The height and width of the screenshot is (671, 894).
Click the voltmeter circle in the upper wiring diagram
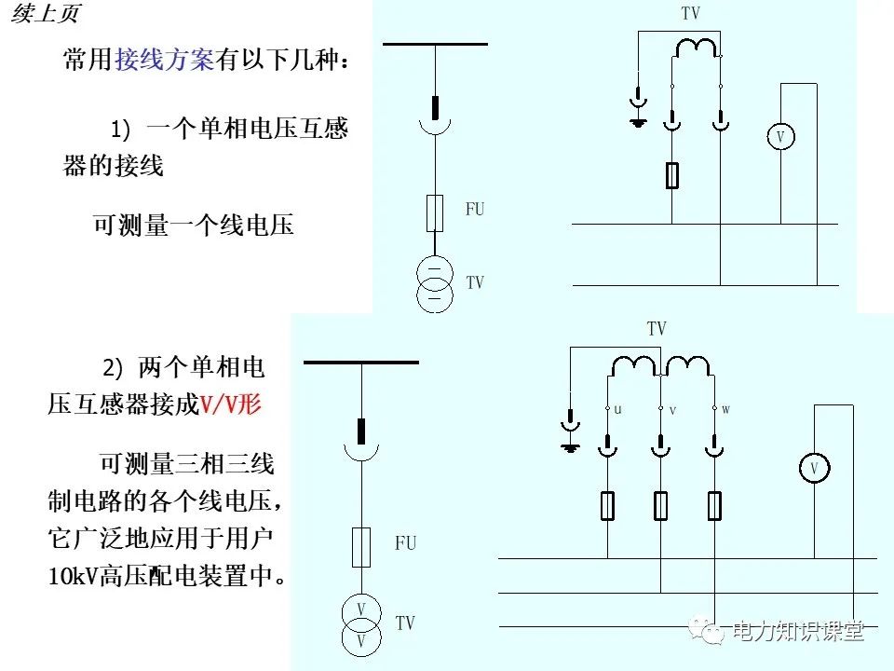780,137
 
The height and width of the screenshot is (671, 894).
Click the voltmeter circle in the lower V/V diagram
813,468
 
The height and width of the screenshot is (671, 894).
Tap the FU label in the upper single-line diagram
475,210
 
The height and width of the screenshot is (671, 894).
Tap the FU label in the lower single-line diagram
405,543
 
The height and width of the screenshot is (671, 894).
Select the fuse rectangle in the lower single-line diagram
360,547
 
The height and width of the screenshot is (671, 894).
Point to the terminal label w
726,408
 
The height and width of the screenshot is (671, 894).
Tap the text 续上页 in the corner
46,15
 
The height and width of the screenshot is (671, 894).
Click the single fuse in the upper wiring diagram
672,174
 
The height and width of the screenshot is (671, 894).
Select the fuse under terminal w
714,506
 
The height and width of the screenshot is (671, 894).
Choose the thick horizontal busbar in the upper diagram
435,44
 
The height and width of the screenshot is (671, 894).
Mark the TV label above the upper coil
690,14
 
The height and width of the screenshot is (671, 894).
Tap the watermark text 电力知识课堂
799,631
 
